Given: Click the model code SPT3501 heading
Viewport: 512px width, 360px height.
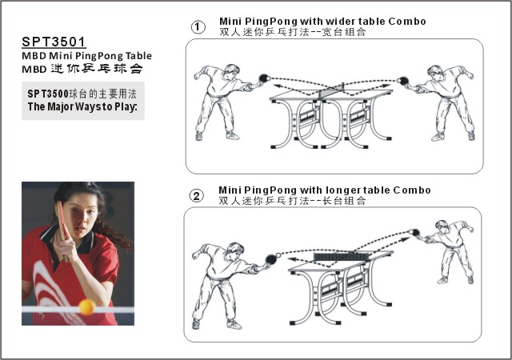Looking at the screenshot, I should click(x=53, y=41).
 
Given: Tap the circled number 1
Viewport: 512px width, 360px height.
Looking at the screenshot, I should click(x=198, y=27).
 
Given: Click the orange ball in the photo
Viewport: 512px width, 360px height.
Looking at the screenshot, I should click(x=86, y=306).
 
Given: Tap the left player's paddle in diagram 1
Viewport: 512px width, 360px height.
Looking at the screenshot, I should click(x=262, y=78).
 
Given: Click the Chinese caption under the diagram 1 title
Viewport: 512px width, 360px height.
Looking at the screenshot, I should click(x=292, y=32).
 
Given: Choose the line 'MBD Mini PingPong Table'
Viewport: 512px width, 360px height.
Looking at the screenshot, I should click(x=86, y=56).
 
